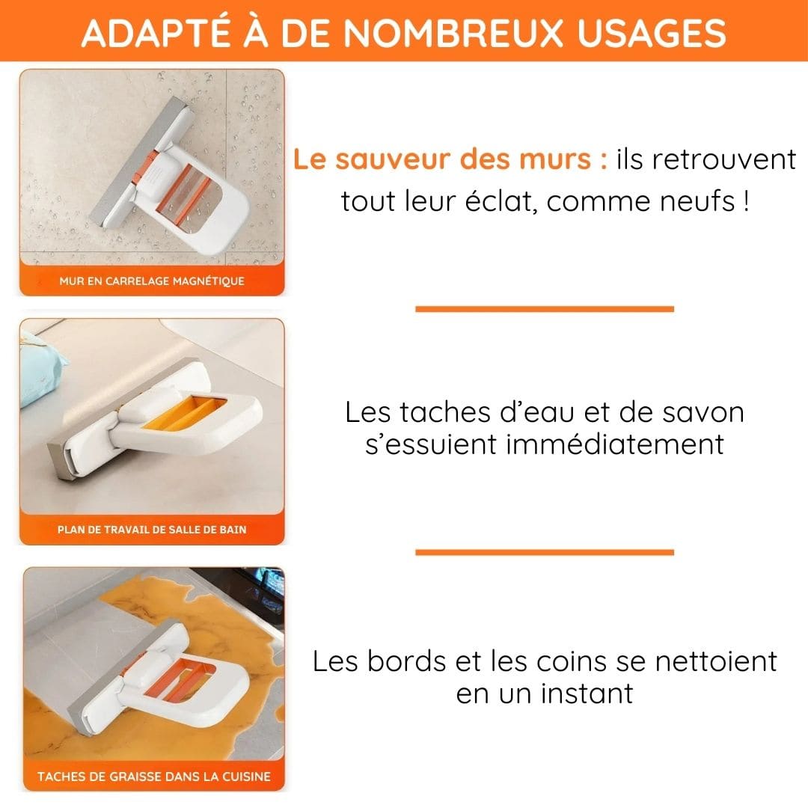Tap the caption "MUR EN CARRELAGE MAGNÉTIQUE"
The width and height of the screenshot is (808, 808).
(152, 281)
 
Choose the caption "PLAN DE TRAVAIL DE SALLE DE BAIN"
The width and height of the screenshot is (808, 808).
(152, 530)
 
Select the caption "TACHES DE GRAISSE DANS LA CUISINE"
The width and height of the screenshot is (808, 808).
(154, 777)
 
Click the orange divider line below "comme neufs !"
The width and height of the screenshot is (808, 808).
(544, 308)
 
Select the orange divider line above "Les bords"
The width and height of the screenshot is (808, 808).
(544, 552)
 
